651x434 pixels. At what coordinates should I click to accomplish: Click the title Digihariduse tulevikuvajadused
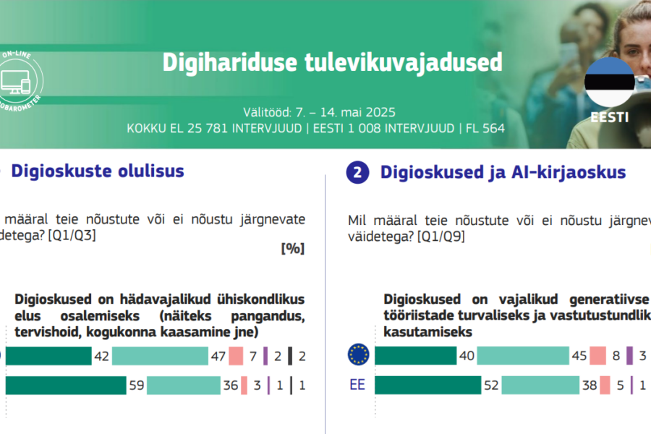point(332,62)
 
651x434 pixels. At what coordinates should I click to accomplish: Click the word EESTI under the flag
point(609,117)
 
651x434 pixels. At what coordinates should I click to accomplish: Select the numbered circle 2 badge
point(358,172)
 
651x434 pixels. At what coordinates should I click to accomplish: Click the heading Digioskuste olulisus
point(98,171)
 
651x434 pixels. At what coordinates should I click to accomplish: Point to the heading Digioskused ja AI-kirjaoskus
point(503,172)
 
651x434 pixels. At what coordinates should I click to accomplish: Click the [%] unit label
point(292,248)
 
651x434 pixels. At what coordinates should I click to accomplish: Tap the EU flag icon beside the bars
point(358,354)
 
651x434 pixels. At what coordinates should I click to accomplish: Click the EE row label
point(357,386)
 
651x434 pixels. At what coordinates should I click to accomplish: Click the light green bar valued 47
point(160,355)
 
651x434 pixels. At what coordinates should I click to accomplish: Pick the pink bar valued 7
point(236,355)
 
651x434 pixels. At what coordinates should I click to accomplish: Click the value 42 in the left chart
point(102,355)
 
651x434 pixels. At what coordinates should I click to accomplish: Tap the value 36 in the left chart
point(231,386)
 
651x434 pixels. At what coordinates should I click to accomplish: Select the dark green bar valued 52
point(427,386)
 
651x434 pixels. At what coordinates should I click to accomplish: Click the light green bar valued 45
point(522,355)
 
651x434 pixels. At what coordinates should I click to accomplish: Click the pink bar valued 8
point(597,355)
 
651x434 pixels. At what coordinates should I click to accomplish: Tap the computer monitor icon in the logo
point(12,80)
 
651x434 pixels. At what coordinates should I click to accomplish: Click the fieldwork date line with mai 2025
point(320,113)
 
